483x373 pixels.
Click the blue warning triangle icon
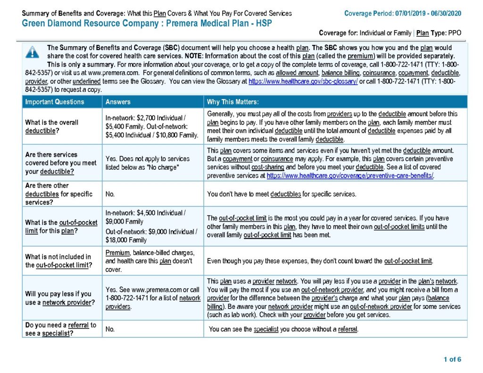(32, 52)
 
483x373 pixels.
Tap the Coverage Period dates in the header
(428, 13)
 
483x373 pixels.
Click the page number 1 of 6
(452, 360)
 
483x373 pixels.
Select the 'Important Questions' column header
(55, 102)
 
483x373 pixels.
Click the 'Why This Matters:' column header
(232, 102)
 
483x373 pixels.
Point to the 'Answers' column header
(118, 102)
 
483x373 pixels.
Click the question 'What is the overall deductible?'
(52, 126)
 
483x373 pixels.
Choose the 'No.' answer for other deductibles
(110, 194)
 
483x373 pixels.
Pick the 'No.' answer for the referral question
(110, 329)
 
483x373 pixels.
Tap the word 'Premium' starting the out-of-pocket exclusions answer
(117, 252)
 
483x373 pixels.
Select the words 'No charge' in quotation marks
(162, 167)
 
